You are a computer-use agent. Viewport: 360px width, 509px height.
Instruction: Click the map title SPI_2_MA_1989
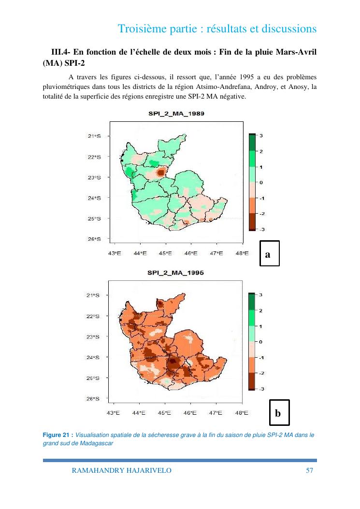coord(175,114)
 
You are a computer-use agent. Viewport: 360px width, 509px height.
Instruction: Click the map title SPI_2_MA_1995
coord(175,273)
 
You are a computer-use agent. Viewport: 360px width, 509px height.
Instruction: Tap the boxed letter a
coord(268,253)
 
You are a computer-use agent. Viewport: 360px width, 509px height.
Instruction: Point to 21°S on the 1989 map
coord(94,136)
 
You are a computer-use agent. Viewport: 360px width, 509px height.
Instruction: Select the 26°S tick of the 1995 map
coord(94,399)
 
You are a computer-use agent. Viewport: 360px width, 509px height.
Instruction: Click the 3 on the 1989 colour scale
coord(261,136)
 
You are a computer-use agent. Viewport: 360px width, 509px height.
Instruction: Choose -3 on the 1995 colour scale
coord(261,389)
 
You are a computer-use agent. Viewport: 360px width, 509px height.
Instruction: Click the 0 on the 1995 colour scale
coord(261,342)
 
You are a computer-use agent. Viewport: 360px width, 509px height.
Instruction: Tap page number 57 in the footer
coord(310,470)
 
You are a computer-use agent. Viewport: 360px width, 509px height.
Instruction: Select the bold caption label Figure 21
coord(57,435)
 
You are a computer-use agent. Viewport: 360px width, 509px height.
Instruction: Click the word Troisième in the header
coord(141,29)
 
